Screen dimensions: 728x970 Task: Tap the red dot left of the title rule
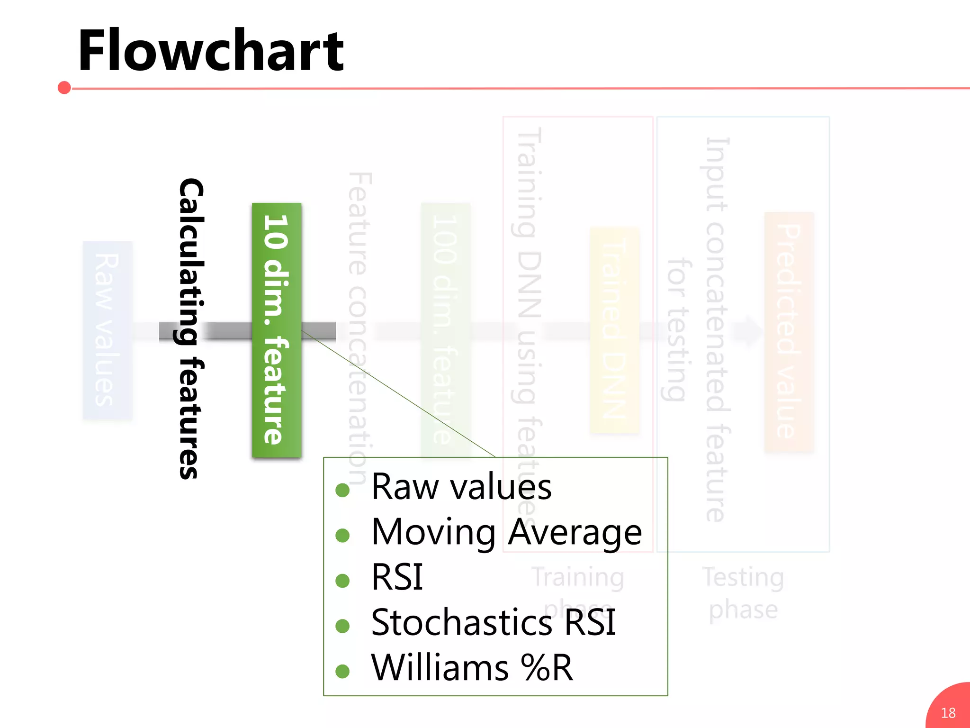64,88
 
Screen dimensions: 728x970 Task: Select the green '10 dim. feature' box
277,330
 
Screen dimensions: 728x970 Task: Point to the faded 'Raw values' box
108,330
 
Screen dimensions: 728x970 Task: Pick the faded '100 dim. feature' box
446,330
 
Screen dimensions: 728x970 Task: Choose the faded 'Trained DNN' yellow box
614,330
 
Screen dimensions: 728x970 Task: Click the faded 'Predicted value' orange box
789,331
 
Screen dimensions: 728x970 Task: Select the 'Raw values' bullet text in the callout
461,487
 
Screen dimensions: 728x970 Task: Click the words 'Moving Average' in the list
506,532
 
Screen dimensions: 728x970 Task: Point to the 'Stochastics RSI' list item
493,622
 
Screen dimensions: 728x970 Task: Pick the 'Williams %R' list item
472,668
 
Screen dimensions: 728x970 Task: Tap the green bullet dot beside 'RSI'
342,581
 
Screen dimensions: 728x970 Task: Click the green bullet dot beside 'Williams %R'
342,671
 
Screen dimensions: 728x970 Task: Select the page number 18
948,713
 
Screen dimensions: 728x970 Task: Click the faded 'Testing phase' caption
743,593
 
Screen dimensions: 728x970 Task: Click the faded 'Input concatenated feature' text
716,330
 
